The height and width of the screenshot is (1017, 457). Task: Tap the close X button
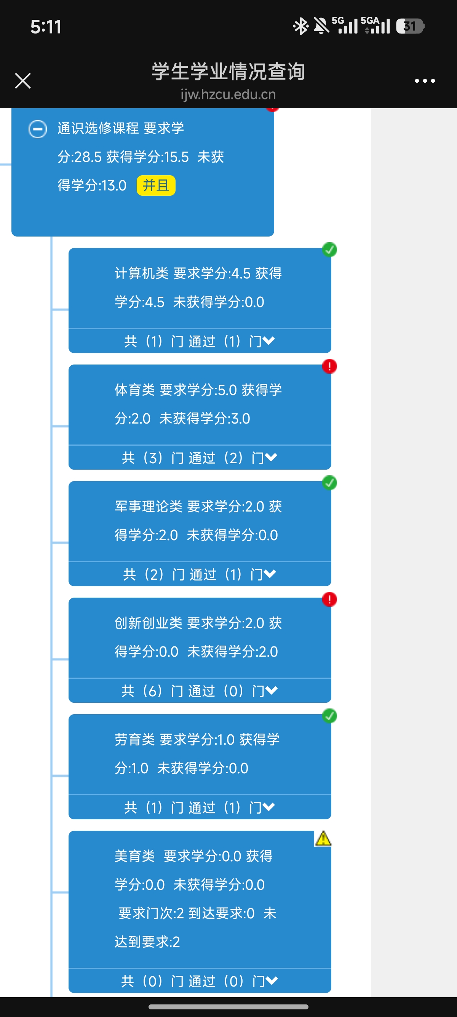(x=23, y=80)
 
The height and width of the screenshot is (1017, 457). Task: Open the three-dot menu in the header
(x=425, y=81)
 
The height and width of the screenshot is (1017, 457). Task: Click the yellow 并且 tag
(x=156, y=185)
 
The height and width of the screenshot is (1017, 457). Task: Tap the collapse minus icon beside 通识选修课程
(x=37, y=129)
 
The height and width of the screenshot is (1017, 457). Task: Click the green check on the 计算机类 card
(x=329, y=249)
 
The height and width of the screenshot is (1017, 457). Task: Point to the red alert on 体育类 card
(x=329, y=366)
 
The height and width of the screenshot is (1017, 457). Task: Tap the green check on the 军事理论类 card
(x=329, y=483)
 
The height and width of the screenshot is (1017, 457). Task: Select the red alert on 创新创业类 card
(x=329, y=599)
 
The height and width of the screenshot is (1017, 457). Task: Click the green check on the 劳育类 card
(x=329, y=715)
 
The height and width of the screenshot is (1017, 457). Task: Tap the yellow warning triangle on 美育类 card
(x=323, y=839)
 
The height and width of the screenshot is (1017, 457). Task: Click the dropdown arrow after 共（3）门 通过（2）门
(x=271, y=457)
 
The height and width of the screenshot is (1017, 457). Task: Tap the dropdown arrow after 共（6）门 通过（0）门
(x=272, y=690)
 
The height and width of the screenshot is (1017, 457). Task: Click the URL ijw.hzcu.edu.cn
(x=228, y=94)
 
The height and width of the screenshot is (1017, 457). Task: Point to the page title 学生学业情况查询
(x=228, y=72)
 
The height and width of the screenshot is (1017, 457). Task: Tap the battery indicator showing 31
(x=410, y=26)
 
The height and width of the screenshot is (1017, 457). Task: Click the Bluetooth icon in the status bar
(x=301, y=26)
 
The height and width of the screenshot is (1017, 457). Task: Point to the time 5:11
(x=46, y=27)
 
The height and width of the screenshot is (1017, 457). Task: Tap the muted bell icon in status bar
(x=321, y=26)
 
